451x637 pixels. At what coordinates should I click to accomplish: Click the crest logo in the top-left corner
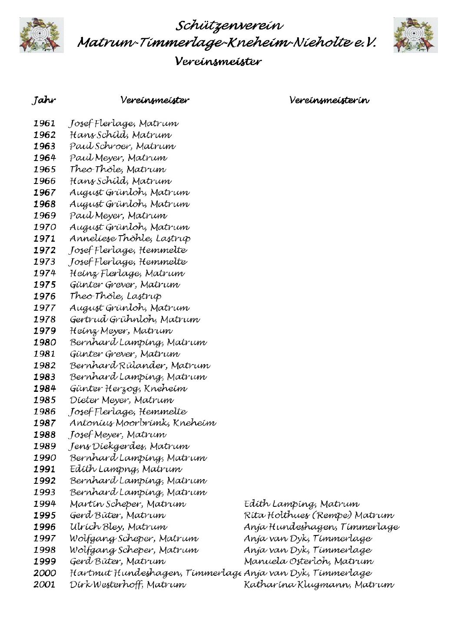(42, 35)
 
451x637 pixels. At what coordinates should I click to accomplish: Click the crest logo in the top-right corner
(416, 35)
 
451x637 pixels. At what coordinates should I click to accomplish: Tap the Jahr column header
(44, 101)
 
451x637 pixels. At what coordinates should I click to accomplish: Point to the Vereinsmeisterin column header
(329, 101)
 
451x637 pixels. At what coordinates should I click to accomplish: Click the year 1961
(45, 124)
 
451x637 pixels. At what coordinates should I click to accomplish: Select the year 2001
(45, 585)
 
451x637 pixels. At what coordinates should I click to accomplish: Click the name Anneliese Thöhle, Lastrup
(130, 239)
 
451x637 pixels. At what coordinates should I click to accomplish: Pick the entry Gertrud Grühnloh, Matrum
(135, 320)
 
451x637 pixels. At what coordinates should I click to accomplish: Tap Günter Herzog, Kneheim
(129, 389)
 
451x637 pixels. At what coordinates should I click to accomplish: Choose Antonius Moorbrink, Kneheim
(143, 423)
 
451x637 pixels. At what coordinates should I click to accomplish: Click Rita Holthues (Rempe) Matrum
(319, 516)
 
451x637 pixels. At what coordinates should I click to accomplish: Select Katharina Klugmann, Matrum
(319, 585)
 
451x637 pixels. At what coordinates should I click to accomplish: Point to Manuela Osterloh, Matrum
(308, 561)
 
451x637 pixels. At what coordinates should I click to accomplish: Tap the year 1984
(45, 389)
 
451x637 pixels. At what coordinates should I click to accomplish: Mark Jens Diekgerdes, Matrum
(129, 447)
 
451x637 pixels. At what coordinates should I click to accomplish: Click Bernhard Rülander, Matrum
(140, 366)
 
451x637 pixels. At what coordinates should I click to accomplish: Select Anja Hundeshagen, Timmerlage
(321, 527)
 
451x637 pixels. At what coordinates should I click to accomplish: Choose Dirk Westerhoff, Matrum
(128, 585)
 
